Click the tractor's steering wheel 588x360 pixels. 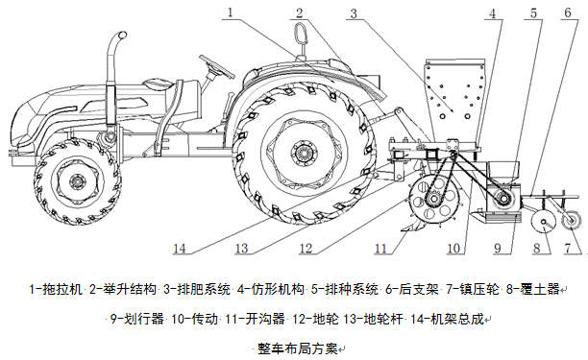click(217, 66)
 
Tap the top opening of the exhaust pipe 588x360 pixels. click(120, 36)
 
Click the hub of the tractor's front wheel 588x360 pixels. click(78, 182)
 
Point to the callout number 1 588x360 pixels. click(230, 12)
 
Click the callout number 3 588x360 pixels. click(354, 13)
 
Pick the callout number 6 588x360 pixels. click(568, 12)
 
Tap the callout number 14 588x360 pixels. click(180, 249)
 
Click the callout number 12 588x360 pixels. click(306, 248)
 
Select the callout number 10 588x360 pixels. click(453, 248)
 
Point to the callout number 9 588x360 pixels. click(498, 248)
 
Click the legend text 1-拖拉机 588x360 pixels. click(56, 289)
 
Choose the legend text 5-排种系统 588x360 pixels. click(344, 289)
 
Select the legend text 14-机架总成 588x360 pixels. click(447, 319)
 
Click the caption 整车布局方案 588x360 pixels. click(298, 348)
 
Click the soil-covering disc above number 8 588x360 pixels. click(544, 222)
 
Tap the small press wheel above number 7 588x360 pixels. click(571, 219)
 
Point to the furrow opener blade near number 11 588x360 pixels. click(412, 226)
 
